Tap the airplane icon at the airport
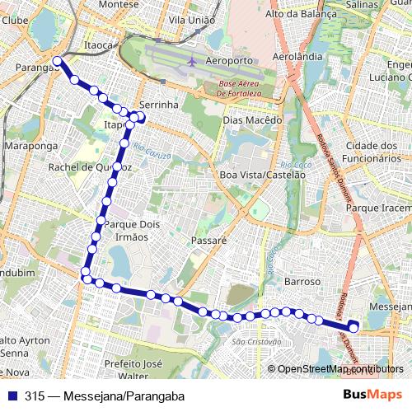pos(192,61)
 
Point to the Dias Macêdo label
pos(252,119)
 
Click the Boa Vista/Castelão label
pos(256,175)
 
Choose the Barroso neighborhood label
pos(302,281)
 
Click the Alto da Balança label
pos(301,14)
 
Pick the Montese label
pos(119,4)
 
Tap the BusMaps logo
pos(373,396)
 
